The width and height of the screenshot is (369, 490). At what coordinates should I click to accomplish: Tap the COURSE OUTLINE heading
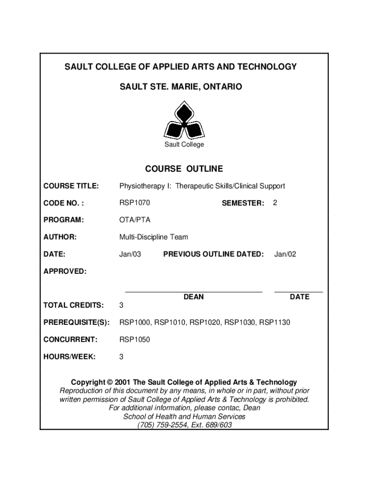pos(184,169)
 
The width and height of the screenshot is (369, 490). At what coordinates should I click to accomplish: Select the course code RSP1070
pos(135,203)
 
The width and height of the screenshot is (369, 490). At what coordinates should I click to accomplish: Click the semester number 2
pos(275,203)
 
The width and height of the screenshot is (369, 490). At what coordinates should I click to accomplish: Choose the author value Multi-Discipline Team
pos(153,237)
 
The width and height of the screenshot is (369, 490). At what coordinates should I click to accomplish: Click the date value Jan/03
pos(130,254)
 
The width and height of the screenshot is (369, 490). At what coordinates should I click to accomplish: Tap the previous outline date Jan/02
pos(285,254)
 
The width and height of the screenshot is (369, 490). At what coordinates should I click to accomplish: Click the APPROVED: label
pos(65,271)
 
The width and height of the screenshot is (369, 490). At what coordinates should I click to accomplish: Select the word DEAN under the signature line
pos(194,297)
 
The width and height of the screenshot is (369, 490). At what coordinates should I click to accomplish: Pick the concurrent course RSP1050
pos(135,340)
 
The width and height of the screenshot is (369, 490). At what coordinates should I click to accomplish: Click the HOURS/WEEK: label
pos(69,357)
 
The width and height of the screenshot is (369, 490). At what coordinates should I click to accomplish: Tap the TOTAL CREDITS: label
pos(73,305)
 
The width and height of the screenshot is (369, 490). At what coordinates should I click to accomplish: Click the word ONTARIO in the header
pos(225,87)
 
